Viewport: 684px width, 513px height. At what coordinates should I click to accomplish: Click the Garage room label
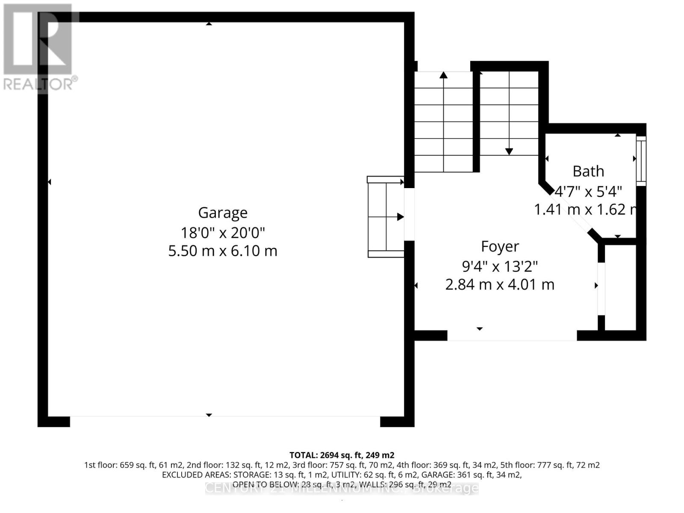[x=223, y=212]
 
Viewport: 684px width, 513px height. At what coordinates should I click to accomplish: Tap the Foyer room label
[x=500, y=246]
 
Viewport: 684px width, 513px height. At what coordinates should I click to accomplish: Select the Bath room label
[x=588, y=171]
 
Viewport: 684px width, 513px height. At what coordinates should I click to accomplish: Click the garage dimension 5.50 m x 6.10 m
[x=223, y=251]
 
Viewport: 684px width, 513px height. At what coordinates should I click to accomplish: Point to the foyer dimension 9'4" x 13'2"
[x=500, y=266]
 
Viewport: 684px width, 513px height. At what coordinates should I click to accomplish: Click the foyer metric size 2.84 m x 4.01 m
[x=500, y=284]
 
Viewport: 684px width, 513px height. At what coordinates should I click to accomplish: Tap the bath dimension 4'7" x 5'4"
[x=588, y=191]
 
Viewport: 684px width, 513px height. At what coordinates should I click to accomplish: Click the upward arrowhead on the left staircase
[x=443, y=75]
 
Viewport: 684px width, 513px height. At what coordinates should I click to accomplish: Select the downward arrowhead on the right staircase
[x=509, y=151]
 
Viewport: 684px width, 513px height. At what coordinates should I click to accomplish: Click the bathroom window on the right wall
[x=641, y=160]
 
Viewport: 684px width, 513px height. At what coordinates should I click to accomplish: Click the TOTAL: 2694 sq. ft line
[x=342, y=455]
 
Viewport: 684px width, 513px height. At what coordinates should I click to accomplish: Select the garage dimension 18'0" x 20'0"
[x=223, y=233]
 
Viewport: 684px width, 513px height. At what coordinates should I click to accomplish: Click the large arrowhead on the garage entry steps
[x=400, y=217]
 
